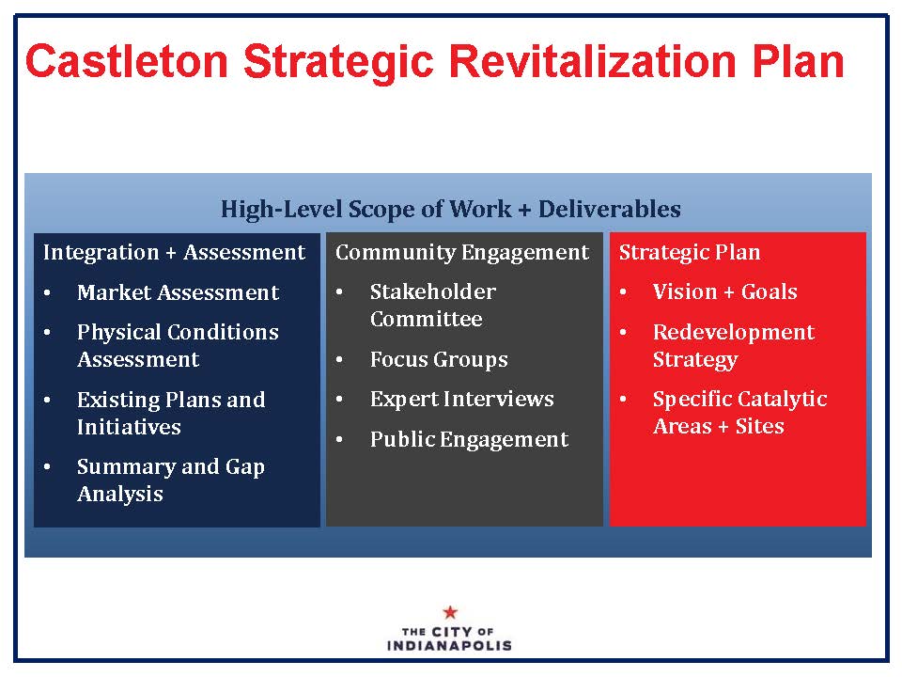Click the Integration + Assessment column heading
coord(174,252)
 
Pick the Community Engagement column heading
coord(462,253)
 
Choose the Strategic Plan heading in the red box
coord(689,253)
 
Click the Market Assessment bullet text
coord(178,292)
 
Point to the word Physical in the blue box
coord(119,332)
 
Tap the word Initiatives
coord(129,427)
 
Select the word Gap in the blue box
coord(244,467)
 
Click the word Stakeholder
coord(432,291)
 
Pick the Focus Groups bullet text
coord(439,360)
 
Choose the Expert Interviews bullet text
coord(462,399)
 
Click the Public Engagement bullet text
coord(469,440)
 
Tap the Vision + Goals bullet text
coord(724,291)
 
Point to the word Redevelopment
coord(734,333)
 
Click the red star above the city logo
coord(450,612)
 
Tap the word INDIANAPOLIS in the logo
coord(449,645)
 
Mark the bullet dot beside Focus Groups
coord(339,360)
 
